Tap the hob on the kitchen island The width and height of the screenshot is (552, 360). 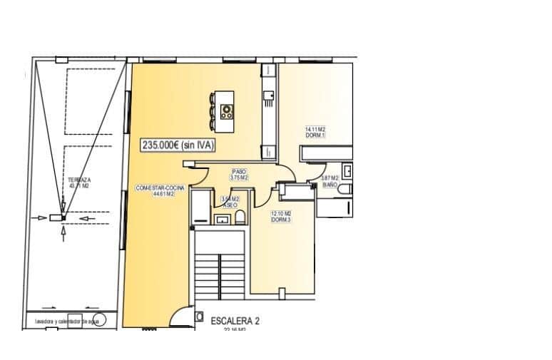pos(228,110)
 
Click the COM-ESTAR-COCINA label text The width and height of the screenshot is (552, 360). pos(160,190)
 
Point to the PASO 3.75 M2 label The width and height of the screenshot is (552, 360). pos(239,175)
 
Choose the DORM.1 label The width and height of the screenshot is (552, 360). pos(315,133)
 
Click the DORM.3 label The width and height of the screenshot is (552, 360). pos(280,217)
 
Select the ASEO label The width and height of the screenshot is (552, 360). pos(230,203)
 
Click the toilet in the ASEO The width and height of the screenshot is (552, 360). pos(241,217)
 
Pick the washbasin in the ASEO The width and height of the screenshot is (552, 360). pos(223,220)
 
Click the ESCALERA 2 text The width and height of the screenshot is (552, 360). pos(235,321)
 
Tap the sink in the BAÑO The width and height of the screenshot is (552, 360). pos(347,171)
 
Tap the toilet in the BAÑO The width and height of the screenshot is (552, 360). pos(345,190)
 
